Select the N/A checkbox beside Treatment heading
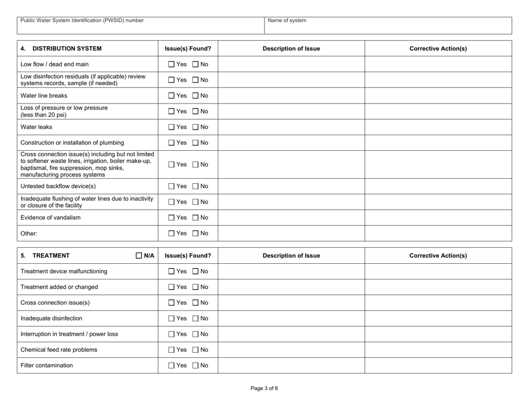pos(140,256)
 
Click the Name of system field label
pos(287,21)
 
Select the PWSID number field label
pos(82,21)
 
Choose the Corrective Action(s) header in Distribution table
pos(438,48)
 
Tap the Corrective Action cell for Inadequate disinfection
pos(438,318)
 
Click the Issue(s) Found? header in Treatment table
pos(187,256)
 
